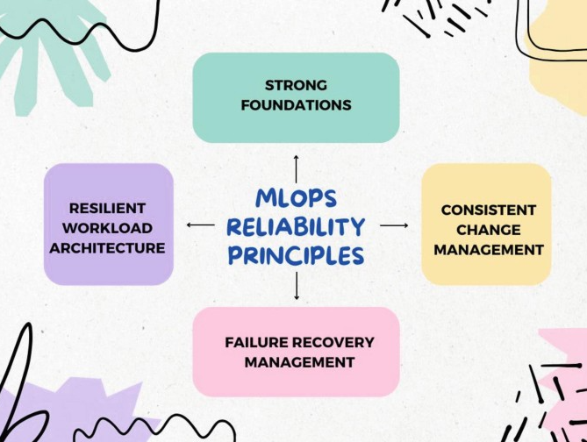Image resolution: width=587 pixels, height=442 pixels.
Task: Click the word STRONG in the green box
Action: [x=296, y=85]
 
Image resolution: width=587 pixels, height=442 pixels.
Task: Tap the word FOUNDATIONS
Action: [x=296, y=105]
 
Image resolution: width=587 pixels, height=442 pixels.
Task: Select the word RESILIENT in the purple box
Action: [x=107, y=208]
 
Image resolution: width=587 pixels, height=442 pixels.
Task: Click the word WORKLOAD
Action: [x=107, y=228]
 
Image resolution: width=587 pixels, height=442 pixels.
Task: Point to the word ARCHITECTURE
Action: [x=107, y=248]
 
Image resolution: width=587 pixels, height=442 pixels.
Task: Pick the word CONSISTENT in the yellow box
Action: [x=488, y=210]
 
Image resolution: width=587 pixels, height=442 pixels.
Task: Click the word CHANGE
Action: [x=488, y=230]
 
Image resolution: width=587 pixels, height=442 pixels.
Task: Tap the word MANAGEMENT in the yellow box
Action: [x=488, y=250]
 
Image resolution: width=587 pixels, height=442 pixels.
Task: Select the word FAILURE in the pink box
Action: [x=256, y=342]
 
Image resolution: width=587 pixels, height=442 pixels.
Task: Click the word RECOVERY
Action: [x=333, y=342]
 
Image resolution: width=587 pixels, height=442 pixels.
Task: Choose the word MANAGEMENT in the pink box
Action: [x=299, y=362]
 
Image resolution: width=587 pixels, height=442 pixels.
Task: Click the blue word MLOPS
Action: [x=296, y=198]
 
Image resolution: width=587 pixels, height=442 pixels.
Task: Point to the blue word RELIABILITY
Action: [x=296, y=227]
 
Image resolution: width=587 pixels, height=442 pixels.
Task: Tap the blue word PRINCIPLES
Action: [x=296, y=255]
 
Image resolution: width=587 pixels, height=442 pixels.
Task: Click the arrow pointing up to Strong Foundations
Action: [x=296, y=168]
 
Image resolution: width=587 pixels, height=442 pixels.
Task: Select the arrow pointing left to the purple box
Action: [x=201, y=225]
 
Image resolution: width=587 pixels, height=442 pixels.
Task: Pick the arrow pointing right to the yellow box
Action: [x=394, y=225]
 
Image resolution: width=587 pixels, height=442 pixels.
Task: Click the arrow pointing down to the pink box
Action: [x=297, y=286]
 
